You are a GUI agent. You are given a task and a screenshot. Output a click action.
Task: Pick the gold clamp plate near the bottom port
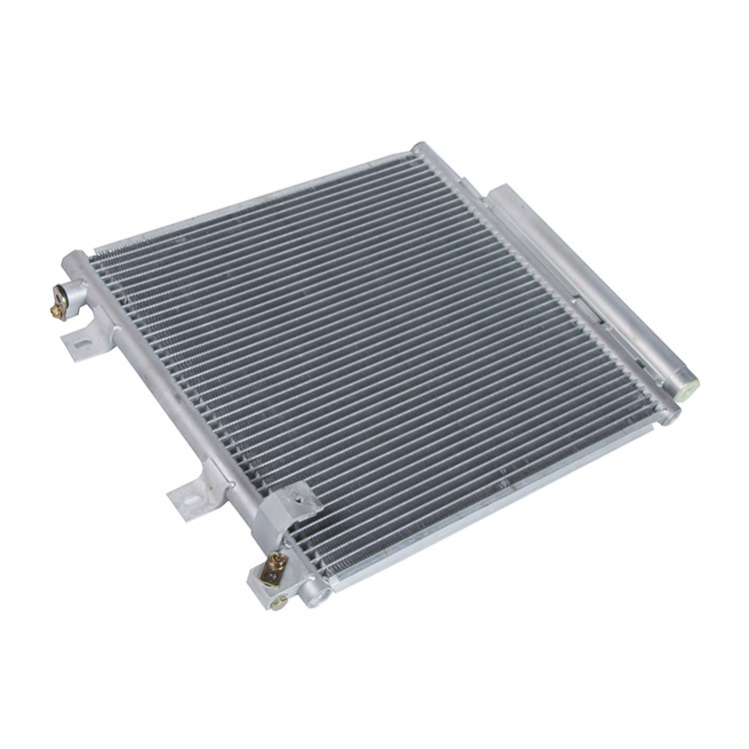(x=273, y=570)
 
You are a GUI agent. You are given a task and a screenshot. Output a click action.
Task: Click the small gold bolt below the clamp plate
(x=279, y=602)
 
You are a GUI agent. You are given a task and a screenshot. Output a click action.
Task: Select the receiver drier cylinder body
(x=589, y=280)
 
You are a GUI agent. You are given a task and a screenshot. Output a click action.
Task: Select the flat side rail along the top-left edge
(x=250, y=200)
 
